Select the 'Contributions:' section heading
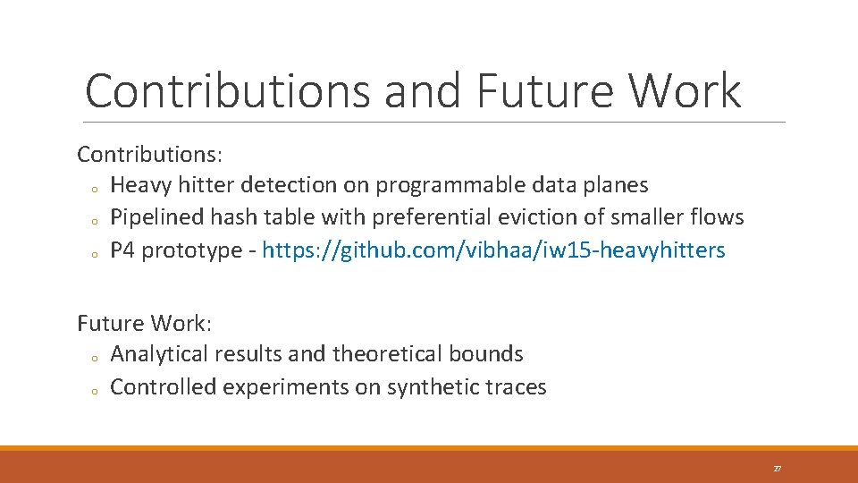coord(149,154)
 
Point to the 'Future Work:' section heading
coord(144,322)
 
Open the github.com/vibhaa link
coord(493,250)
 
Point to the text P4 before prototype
coord(122,250)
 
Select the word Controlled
coord(164,386)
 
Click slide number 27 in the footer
coord(777,469)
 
